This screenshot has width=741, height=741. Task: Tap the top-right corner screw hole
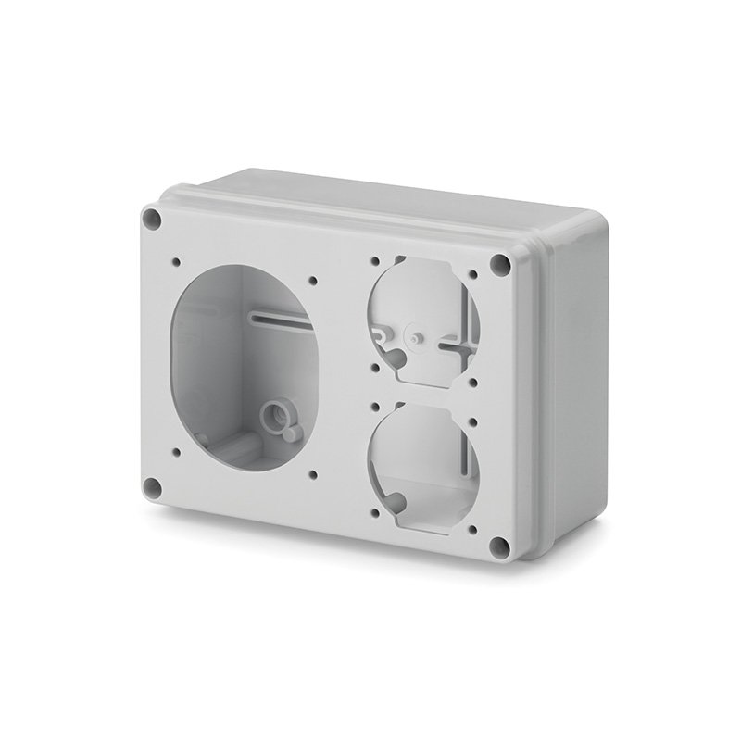pos(501,264)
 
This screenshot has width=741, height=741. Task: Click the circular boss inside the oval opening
pos(273,413)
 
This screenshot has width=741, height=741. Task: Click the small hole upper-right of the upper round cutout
pos(474,275)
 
